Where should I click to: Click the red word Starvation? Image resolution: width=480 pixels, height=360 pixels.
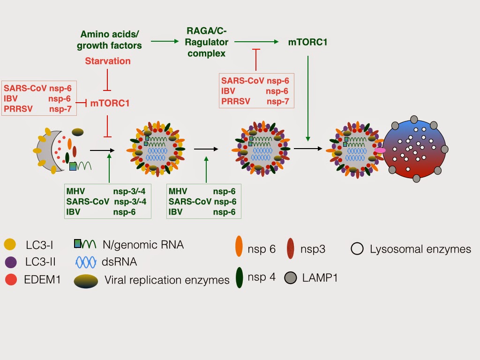(108, 61)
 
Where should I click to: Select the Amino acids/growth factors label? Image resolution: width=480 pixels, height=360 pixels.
(109, 40)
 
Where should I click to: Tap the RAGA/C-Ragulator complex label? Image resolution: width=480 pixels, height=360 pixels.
(206, 42)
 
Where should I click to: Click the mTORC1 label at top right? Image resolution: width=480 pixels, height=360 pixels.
(307, 42)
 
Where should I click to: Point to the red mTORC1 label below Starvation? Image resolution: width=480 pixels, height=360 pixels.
(110, 103)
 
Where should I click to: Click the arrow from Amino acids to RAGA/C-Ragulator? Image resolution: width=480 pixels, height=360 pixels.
(162, 42)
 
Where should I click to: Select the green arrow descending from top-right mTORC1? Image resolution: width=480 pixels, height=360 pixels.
(307, 98)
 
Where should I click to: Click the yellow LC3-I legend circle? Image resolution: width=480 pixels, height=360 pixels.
(9, 244)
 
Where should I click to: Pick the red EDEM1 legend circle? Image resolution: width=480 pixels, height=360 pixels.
(9, 280)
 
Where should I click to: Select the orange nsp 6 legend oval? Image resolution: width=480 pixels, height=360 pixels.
(239, 247)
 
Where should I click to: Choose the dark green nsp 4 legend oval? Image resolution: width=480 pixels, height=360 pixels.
(239, 277)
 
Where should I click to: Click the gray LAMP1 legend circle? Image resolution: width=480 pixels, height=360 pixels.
(291, 278)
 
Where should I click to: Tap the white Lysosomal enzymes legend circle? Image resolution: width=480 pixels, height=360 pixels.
(357, 248)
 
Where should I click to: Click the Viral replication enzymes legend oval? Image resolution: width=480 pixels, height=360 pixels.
(86, 280)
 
